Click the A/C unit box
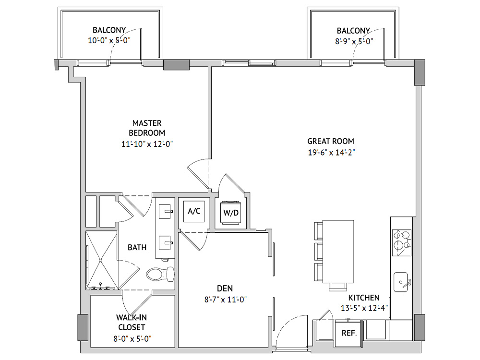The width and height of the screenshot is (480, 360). click(194, 211)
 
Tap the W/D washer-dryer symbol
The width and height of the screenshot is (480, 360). click(230, 213)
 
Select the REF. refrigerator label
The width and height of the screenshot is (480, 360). click(349, 333)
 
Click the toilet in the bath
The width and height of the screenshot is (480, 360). click(160, 274)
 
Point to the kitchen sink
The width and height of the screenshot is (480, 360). click(401, 282)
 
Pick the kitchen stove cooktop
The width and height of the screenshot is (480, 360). click(402, 243)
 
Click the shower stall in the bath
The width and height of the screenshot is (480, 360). click(101, 261)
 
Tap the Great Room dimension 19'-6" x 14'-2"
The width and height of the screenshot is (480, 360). click(331, 152)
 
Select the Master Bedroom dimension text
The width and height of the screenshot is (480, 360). click(147, 144)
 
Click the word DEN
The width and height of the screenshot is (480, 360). click(225, 288)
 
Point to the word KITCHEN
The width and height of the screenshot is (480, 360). click(364, 298)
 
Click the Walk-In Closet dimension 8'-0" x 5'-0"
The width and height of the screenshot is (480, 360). click(132, 338)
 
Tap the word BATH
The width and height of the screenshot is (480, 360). click(137, 247)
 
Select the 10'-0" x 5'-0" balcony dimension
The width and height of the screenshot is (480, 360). click(109, 40)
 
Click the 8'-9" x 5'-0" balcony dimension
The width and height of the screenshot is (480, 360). click(354, 41)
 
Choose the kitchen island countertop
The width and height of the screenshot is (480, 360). click(338, 252)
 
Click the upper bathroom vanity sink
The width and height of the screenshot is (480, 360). click(165, 211)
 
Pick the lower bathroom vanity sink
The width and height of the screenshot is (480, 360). click(165, 243)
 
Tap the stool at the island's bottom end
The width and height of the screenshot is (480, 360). click(338, 287)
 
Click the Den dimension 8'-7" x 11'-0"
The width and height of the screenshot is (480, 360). click(226, 300)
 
